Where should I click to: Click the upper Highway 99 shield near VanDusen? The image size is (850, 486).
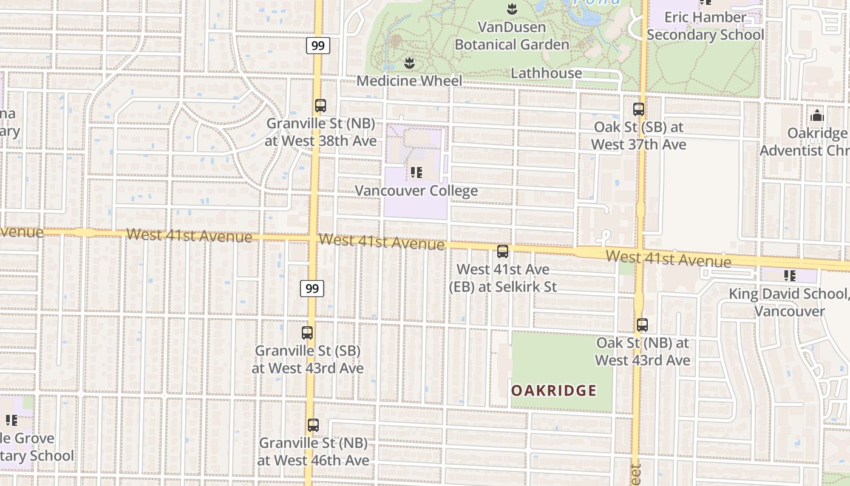318,46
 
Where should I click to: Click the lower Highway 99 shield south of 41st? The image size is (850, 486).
312,289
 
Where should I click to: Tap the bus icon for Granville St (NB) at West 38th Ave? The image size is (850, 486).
321,106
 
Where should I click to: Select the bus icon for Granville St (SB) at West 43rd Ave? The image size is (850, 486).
307,333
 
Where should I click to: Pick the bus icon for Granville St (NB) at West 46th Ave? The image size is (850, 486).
313,425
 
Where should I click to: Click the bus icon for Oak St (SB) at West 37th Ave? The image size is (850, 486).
639,109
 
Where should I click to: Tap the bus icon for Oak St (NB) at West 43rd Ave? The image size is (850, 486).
642,325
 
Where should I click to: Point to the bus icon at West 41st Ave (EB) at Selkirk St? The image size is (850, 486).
503,252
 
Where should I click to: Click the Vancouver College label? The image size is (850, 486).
416,191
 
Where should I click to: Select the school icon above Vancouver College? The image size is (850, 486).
416,173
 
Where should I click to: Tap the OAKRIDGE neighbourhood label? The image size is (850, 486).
554,391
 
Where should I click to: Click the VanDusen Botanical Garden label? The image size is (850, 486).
512,36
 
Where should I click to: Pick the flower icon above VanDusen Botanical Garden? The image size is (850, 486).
511,9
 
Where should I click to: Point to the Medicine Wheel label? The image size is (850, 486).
409,81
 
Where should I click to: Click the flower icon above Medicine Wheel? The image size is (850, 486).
409,63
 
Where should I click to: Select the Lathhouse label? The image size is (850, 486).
546,74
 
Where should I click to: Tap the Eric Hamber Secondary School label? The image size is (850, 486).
705,26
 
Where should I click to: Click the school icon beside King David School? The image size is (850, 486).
789,276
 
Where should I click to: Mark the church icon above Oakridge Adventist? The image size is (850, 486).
817,115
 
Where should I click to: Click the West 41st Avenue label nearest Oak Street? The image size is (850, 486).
668,259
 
